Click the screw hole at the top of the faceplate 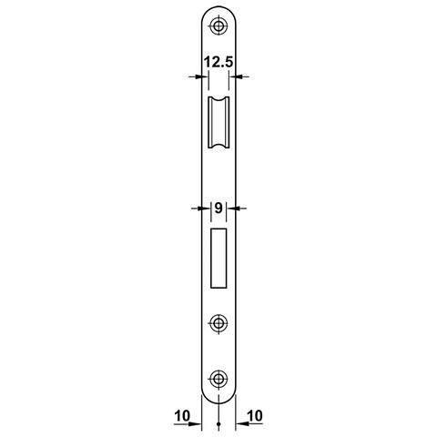click(218, 25)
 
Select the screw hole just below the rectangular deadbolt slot click(218, 323)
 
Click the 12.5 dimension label click(218, 63)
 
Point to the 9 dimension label click(218, 208)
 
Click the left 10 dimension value click(181, 416)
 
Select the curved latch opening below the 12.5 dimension click(218, 123)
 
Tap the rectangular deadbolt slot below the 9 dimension click(218, 257)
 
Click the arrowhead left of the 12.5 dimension click(196, 77)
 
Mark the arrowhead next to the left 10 click(197, 424)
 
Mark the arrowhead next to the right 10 click(240, 424)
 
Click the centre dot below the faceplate click(218, 424)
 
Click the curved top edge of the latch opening click(218, 96)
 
